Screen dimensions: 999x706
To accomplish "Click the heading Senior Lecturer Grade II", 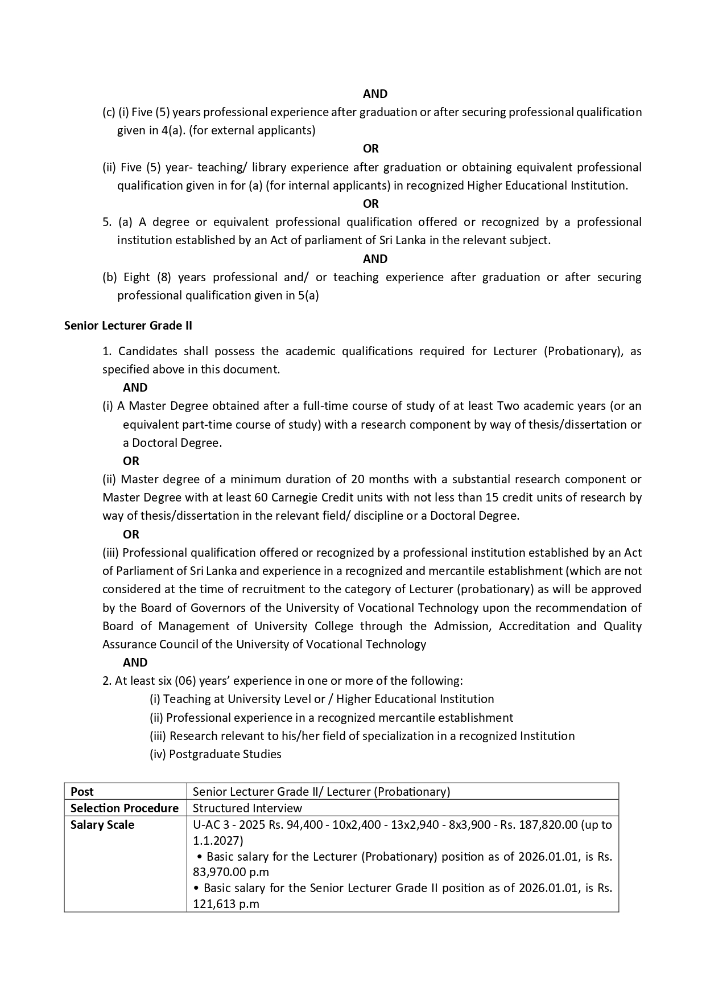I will (128, 326).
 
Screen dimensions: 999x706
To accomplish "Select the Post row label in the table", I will (82, 791).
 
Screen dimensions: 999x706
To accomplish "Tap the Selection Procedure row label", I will (124, 808).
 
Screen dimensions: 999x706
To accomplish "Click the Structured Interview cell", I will (247, 808).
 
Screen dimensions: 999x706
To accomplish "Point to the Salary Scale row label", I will (102, 824).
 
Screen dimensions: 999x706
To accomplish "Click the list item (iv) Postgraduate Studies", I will (216, 754).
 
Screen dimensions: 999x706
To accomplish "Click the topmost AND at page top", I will (375, 94).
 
